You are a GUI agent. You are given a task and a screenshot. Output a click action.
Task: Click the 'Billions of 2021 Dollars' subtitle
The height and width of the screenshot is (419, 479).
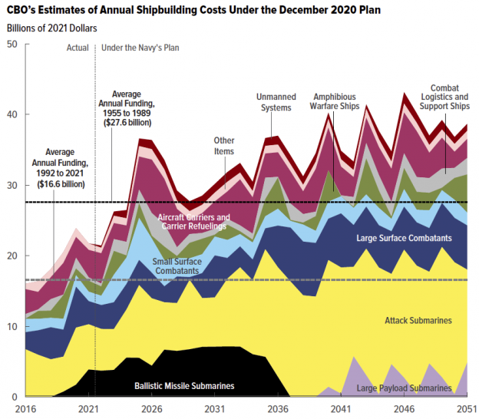(x=52, y=28)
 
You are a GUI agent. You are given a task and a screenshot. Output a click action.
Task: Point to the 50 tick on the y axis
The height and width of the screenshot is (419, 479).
(x=12, y=45)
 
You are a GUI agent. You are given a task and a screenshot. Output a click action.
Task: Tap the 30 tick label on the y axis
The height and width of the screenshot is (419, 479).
(x=12, y=185)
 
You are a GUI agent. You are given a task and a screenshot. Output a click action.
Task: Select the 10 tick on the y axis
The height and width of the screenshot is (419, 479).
(x=12, y=326)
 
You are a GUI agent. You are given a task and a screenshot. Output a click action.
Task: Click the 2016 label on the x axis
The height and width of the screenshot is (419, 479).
(x=25, y=410)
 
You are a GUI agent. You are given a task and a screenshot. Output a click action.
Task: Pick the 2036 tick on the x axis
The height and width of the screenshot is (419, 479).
(x=276, y=410)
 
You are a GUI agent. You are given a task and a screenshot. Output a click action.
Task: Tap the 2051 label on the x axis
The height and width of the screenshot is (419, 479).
(x=463, y=410)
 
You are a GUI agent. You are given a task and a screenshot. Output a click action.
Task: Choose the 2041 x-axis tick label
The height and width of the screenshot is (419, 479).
(x=339, y=410)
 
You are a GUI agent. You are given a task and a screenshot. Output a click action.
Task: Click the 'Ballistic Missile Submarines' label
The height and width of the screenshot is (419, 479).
(x=183, y=385)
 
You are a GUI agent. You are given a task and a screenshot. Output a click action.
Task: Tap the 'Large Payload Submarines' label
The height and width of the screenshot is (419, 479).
(x=404, y=388)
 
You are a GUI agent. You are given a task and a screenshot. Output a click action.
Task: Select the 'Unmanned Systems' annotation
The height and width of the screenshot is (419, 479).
(x=274, y=102)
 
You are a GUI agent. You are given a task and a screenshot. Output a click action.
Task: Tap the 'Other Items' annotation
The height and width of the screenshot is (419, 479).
(x=224, y=146)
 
